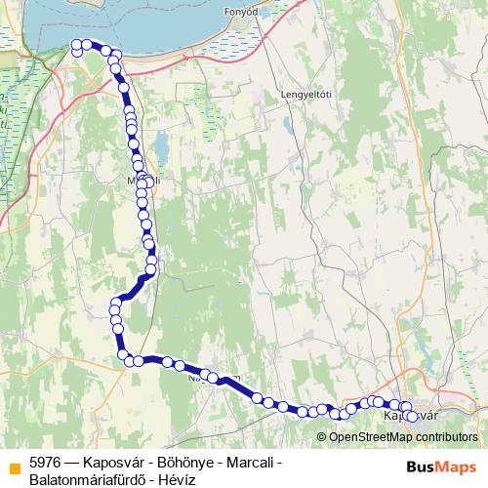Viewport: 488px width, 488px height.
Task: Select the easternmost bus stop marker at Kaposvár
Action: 412,417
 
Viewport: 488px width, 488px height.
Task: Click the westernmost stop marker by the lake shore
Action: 77,44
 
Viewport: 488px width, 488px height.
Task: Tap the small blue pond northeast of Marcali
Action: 161,148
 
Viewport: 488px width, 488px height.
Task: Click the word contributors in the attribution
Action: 445,436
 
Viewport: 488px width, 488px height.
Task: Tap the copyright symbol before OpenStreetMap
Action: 323,436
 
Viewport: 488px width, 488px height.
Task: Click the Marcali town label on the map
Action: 142,181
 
